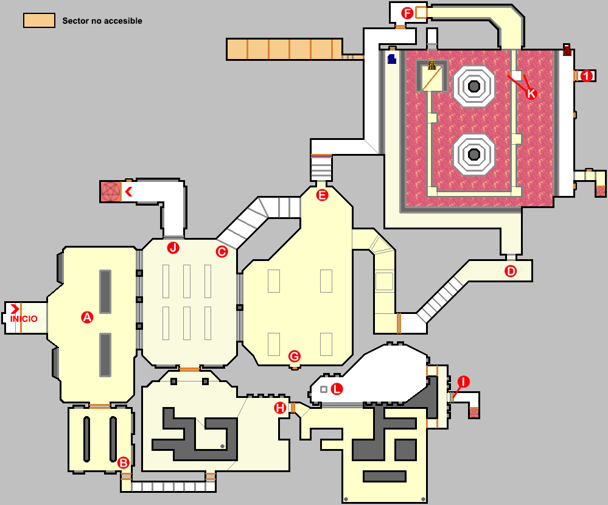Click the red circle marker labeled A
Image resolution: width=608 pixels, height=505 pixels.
[x=87, y=317]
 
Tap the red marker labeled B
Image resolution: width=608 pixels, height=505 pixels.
[x=123, y=462]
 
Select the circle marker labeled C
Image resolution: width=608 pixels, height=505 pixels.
[x=222, y=251]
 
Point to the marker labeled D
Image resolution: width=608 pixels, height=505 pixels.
[x=511, y=271]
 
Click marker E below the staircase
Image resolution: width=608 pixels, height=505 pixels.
[x=322, y=195]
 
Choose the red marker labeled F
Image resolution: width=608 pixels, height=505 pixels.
[x=407, y=13]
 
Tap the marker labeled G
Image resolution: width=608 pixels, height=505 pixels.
[x=294, y=356]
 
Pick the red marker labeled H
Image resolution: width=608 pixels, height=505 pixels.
[x=280, y=408]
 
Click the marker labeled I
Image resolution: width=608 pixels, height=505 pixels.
[x=464, y=381]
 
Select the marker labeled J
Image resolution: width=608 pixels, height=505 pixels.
[x=173, y=248]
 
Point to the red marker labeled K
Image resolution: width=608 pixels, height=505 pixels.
[x=531, y=93]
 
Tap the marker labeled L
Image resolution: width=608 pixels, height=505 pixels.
[x=336, y=389]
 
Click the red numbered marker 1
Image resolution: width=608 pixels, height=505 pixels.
[x=586, y=76]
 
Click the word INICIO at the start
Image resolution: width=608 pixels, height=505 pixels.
[x=23, y=319]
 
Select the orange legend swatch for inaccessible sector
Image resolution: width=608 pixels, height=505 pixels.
[x=39, y=21]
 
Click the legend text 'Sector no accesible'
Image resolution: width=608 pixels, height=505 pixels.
[x=102, y=21]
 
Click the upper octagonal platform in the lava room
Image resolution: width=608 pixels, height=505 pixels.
[x=473, y=86]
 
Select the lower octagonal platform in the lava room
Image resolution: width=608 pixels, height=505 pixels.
[x=473, y=153]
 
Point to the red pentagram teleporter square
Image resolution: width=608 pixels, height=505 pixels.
[x=111, y=192]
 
